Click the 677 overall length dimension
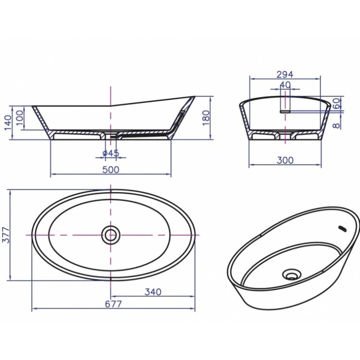pyautogui.click(x=114, y=304)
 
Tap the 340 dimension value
pyautogui.click(x=152, y=292)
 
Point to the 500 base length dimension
pyautogui.click(x=111, y=169)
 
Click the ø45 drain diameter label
pyautogui.click(x=111, y=154)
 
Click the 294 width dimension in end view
pyautogui.click(x=285, y=75)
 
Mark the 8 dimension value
pyautogui.click(x=336, y=124)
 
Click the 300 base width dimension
pyautogui.click(x=285, y=159)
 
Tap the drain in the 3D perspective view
pyautogui.click(x=291, y=274)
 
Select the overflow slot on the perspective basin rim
pyautogui.click(x=342, y=227)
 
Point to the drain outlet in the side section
pyautogui.click(x=111, y=137)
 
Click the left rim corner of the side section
pyautogui.click(x=34, y=107)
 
